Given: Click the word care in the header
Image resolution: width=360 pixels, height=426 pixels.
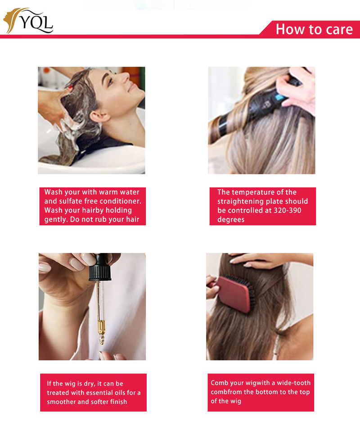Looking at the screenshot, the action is click(x=339, y=29).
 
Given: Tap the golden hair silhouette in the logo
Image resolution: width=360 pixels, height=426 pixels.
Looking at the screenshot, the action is click(x=12, y=20).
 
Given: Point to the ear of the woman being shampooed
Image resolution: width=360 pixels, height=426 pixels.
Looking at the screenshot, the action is click(x=99, y=116).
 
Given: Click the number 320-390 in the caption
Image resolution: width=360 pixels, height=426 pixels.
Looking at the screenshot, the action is click(x=288, y=210).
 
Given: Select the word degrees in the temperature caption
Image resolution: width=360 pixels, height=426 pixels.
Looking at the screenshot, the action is click(x=231, y=219).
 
